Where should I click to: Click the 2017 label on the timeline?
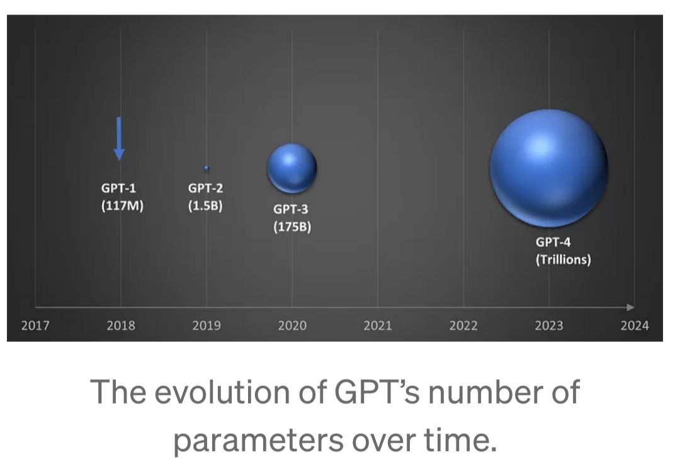(x=35, y=325)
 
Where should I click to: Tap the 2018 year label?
(x=121, y=325)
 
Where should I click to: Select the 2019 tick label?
(x=207, y=325)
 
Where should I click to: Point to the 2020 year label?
(x=292, y=325)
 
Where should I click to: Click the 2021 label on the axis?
(x=378, y=325)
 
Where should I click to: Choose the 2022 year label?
(x=463, y=325)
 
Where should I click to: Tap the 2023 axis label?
(x=549, y=325)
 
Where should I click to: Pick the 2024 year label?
(x=634, y=325)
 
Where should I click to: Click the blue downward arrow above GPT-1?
(x=120, y=138)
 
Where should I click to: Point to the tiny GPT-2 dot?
(x=206, y=168)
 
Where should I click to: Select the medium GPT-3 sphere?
(x=292, y=168)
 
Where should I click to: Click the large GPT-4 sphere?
(x=549, y=167)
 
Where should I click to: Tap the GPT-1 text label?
(x=119, y=187)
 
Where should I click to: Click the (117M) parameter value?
(x=122, y=205)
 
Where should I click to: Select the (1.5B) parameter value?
(x=205, y=205)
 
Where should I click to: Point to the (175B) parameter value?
(x=292, y=227)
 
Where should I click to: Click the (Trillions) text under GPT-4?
(x=563, y=259)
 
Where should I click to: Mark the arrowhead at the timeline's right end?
(x=630, y=307)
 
